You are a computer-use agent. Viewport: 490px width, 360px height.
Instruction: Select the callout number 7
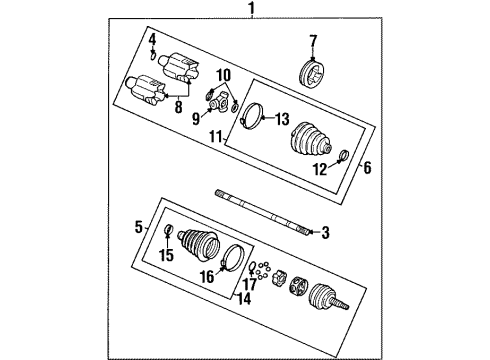point(312,40)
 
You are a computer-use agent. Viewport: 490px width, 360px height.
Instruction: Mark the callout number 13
point(281,117)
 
